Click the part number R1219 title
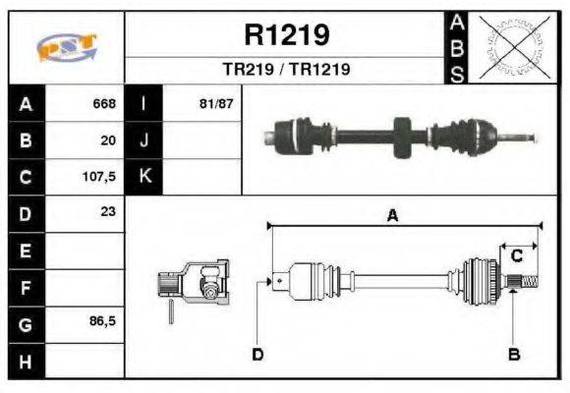(286, 35)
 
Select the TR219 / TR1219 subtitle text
(286, 70)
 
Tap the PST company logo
(66, 48)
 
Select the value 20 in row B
(108, 140)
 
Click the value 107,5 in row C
(99, 178)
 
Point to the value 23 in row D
(108, 211)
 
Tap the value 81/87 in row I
(215, 103)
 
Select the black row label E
(26, 251)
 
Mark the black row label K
(143, 177)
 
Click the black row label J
(143, 140)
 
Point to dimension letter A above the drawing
(392, 217)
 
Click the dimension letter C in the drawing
(517, 255)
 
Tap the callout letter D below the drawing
(257, 354)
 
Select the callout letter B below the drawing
(514, 354)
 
